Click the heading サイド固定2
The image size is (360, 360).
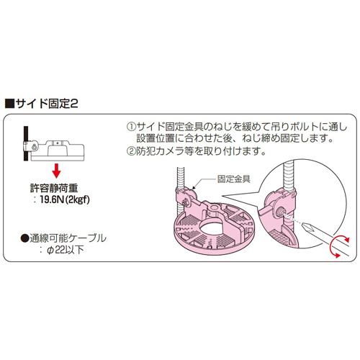point(47,104)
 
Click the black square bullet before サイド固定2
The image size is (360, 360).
point(9,104)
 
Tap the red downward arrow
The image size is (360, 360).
point(57,171)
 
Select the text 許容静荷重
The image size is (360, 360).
point(54,188)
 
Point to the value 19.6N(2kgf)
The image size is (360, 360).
point(65,199)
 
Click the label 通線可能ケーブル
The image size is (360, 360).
point(68,238)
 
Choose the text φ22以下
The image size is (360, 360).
point(66,250)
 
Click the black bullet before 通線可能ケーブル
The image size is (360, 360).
point(24,238)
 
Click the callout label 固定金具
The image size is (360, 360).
point(233,179)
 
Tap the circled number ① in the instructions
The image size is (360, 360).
point(131,127)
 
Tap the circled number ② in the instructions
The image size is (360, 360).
point(131,151)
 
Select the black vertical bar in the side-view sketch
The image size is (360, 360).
point(26,143)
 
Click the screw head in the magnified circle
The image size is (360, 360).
point(280,210)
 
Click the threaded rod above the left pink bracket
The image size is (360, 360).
point(181,177)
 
